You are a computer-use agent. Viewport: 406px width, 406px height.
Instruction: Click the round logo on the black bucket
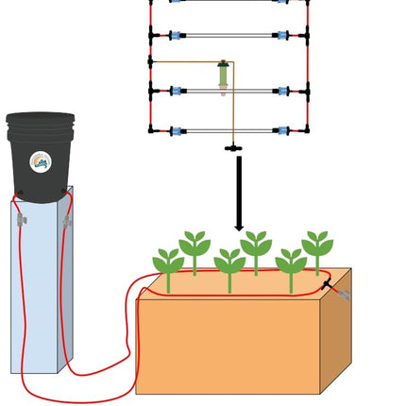(40, 161)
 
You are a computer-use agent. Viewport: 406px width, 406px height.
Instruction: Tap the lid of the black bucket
(40, 120)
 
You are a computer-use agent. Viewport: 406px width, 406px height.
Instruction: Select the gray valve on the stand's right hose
(67, 221)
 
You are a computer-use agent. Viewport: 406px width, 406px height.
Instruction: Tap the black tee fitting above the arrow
(230, 147)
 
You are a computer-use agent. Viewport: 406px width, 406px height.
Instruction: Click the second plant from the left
(195, 250)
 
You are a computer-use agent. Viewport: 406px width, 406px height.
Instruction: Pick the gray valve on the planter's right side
(341, 295)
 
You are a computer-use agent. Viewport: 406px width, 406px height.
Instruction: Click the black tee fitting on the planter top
(326, 283)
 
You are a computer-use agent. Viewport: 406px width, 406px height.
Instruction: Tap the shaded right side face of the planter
(335, 340)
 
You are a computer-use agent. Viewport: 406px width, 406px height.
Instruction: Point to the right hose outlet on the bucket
(64, 193)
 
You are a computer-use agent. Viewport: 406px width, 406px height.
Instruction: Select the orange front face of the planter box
(227, 345)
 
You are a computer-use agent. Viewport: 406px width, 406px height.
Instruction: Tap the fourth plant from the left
(255, 250)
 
